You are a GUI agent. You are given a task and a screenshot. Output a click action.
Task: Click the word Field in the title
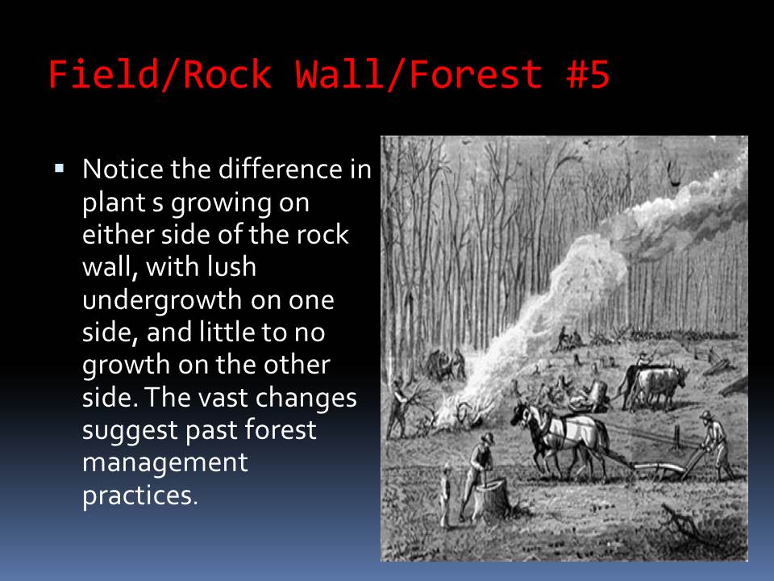pos(104,74)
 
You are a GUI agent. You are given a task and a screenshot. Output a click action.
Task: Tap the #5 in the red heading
pos(588,74)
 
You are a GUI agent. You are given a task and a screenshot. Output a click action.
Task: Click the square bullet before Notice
pos(60,169)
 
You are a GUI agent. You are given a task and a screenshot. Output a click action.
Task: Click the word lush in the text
pos(231,267)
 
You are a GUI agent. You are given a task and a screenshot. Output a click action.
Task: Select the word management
pos(164,463)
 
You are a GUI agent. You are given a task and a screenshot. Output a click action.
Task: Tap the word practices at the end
pos(139,495)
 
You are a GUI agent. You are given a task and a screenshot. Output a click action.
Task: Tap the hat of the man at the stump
pos(487,437)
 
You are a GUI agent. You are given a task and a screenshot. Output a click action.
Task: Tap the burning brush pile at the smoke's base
pos(461,412)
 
